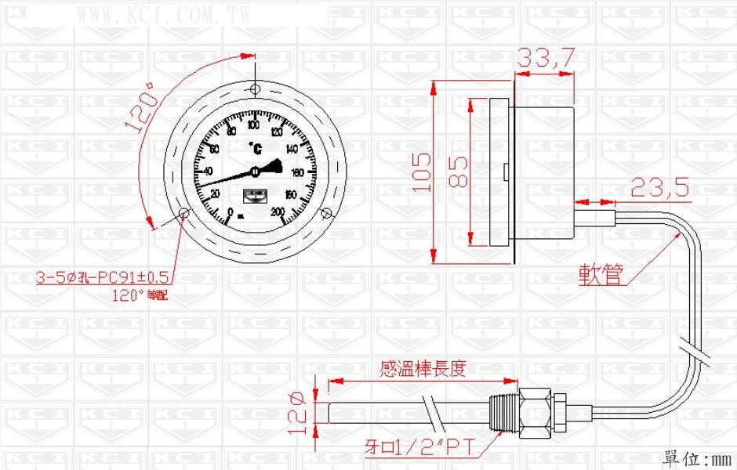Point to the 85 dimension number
[459, 172]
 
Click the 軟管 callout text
[602, 273]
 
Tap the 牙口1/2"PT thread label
[419, 447]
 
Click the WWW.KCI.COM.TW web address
[165, 13]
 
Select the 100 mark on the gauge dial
[253, 126]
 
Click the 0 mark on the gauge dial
[230, 211]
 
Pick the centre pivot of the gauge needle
[256, 172]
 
